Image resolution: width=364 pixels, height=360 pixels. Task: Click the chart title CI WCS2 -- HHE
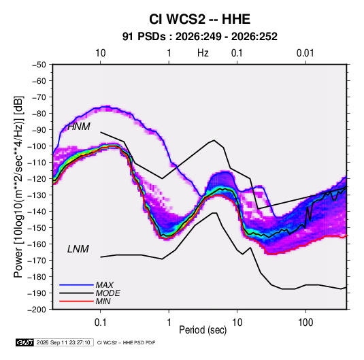click(199, 19)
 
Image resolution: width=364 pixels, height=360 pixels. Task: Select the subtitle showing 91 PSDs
click(199, 37)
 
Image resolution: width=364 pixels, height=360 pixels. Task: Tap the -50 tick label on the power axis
click(39, 65)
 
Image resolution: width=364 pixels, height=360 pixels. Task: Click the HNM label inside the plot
click(79, 127)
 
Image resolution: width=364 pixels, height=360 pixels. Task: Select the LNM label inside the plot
click(78, 249)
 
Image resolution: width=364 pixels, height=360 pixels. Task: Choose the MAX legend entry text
click(105, 284)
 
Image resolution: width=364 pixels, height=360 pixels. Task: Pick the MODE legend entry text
click(108, 293)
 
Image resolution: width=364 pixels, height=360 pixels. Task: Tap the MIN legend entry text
click(103, 301)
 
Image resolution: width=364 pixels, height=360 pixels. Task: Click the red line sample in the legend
click(76, 301)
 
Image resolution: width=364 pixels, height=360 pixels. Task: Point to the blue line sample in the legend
click(76, 284)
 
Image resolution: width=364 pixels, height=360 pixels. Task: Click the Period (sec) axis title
click(203, 330)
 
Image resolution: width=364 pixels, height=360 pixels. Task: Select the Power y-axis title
click(18, 186)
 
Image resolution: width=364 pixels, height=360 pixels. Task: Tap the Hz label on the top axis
click(203, 53)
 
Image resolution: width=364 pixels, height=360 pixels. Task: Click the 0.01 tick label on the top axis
click(305, 53)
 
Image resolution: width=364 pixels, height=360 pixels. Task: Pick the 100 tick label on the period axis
click(305, 323)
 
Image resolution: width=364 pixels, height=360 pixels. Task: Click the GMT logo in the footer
click(24, 342)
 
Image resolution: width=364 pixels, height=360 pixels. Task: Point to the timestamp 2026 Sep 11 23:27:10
click(63, 342)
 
